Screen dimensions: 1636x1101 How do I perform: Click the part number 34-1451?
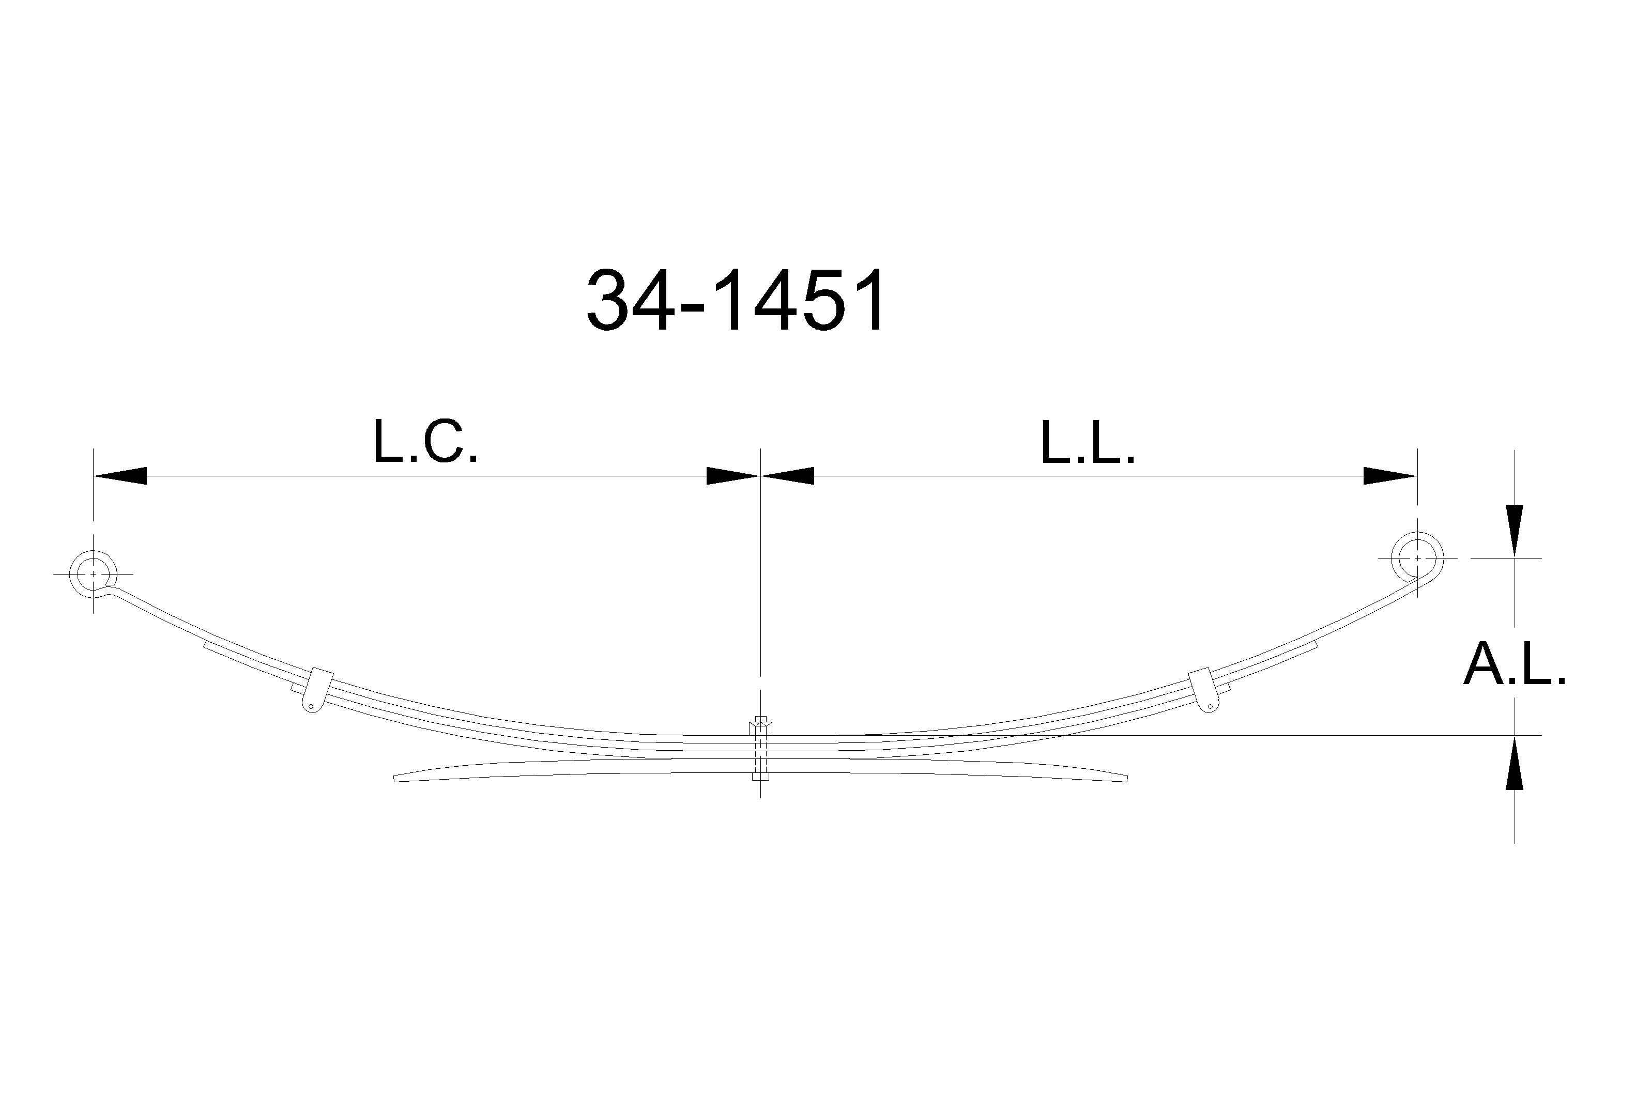[736, 301]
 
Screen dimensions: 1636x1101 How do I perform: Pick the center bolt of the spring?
[760, 749]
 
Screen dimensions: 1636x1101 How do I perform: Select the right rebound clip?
[1203, 690]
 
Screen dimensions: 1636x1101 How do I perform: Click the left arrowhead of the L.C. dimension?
[119, 475]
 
